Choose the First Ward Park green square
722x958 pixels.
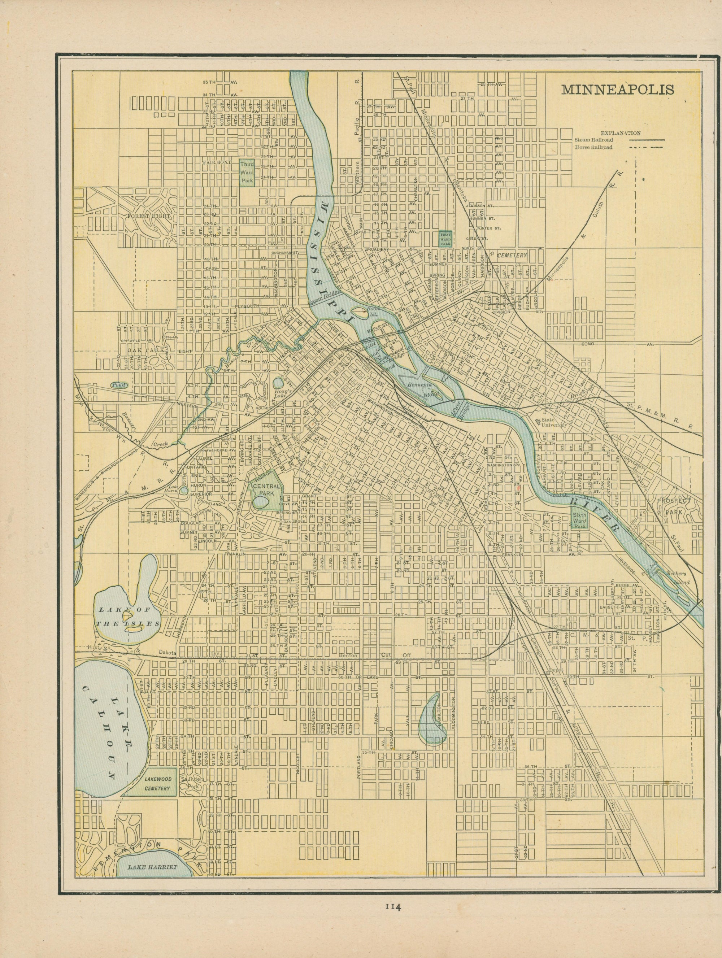[445, 238]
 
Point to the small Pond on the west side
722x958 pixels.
[117, 384]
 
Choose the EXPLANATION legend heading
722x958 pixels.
[620, 134]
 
